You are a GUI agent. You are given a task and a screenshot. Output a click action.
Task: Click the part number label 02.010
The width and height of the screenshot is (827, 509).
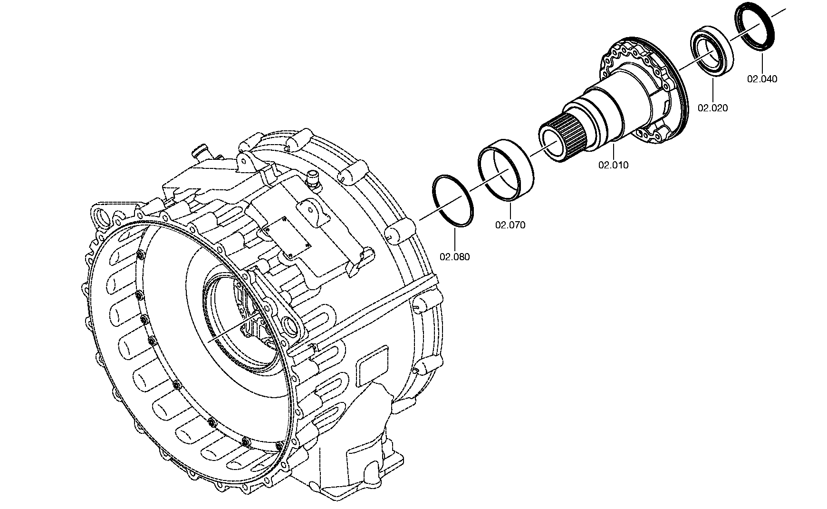click(613, 166)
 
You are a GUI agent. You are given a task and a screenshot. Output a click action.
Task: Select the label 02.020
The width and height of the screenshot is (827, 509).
click(712, 108)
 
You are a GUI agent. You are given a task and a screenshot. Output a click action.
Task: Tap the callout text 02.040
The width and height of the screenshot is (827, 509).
click(762, 79)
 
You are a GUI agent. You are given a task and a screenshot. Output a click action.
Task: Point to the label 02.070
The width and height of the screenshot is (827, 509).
click(510, 225)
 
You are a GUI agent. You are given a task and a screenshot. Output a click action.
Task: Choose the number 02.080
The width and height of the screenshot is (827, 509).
click(454, 257)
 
